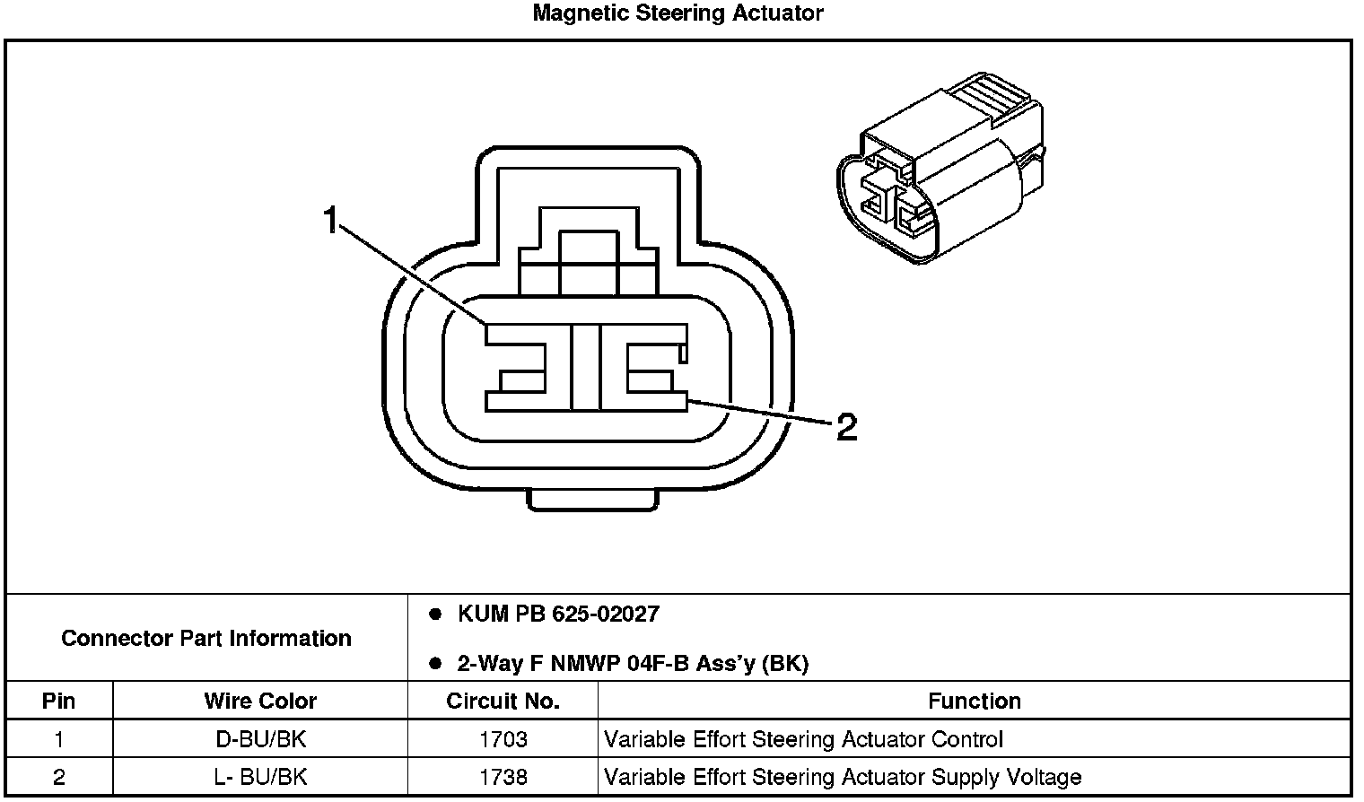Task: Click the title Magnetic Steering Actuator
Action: (x=678, y=13)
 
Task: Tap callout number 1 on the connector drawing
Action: (x=331, y=219)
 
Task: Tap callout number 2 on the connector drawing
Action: (x=846, y=427)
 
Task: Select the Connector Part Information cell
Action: (x=206, y=638)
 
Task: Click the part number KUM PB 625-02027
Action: (x=558, y=615)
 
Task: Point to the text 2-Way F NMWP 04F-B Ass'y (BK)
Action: (x=633, y=664)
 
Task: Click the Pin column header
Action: (x=59, y=701)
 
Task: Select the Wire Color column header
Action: (x=260, y=701)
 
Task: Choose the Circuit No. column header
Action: (x=503, y=701)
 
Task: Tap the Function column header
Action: (x=975, y=701)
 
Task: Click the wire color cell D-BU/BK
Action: (x=260, y=740)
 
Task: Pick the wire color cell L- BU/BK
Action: (x=260, y=777)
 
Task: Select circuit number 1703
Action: (x=503, y=740)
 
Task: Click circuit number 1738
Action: (x=503, y=777)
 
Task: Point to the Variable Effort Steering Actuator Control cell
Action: (x=803, y=740)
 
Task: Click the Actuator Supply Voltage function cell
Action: (x=843, y=777)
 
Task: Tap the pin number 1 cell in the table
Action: (x=59, y=740)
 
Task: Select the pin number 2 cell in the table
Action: (x=59, y=777)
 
